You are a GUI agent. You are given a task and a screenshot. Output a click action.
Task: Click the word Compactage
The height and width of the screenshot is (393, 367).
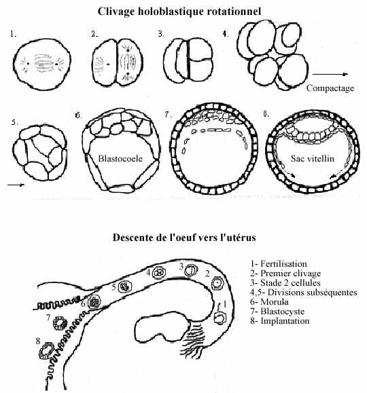330,88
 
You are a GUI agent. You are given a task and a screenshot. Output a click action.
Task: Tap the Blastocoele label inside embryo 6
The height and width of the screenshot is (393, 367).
120,158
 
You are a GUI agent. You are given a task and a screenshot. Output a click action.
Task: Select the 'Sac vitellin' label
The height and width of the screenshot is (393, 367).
312,158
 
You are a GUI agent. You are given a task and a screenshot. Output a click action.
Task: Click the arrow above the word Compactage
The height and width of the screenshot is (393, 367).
330,74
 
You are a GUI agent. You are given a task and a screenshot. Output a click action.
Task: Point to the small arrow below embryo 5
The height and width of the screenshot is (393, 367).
16,185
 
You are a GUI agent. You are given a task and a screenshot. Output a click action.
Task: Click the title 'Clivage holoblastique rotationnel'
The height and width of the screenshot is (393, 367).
179,12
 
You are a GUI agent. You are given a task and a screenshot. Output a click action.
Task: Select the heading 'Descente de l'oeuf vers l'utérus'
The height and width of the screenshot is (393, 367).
184,237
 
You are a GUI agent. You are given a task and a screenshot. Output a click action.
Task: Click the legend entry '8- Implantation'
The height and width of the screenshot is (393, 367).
279,320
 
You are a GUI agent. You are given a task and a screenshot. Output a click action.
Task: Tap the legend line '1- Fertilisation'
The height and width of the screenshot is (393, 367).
279,263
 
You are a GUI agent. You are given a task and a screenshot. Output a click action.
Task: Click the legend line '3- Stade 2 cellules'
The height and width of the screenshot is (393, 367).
285,282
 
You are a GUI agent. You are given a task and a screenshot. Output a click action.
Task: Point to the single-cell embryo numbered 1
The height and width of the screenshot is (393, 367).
42,64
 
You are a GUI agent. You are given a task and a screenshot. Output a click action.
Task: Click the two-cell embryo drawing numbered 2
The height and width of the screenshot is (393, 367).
117,62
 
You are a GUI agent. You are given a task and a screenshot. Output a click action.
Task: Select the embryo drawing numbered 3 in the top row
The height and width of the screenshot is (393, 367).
188,60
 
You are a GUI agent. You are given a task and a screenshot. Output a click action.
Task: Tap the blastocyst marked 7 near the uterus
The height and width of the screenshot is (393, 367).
60,323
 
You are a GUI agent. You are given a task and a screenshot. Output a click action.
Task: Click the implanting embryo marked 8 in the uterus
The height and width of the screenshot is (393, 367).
47,351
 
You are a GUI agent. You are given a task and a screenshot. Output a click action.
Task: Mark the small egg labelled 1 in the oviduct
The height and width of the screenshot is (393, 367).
220,318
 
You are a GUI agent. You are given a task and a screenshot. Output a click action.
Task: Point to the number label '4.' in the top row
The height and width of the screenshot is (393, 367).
226,34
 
